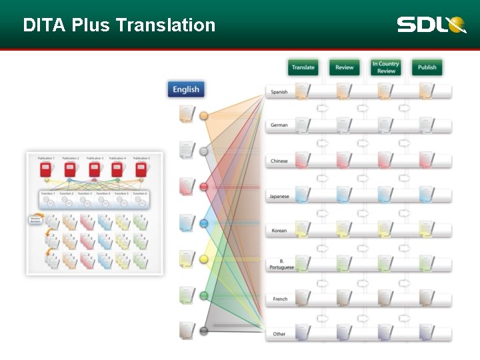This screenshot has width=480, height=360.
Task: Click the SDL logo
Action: [431, 25]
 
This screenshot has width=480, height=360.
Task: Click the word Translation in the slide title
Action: [165, 25]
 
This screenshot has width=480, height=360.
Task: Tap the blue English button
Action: [186, 89]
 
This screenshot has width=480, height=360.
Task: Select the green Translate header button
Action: [303, 67]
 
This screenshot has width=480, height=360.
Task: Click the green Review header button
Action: [345, 67]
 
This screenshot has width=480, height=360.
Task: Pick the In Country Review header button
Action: [386, 67]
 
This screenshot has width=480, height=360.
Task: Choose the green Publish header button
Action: [427, 67]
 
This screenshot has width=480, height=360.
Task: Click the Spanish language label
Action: [279, 92]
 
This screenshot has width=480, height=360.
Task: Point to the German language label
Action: [279, 125]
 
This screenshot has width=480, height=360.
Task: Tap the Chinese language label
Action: [279, 161]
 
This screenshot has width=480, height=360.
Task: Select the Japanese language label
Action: [279, 196]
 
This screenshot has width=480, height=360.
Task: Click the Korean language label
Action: [279, 231]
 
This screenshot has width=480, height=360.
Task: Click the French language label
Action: [280, 299]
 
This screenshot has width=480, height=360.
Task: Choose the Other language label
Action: [279, 334]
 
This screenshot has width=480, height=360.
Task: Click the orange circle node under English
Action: [204, 116]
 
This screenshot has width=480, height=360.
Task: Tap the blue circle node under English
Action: [204, 223]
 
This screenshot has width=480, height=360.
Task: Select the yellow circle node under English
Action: [204, 259]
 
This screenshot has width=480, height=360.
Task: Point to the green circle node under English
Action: [204, 295]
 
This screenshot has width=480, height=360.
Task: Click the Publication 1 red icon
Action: [46, 169]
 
